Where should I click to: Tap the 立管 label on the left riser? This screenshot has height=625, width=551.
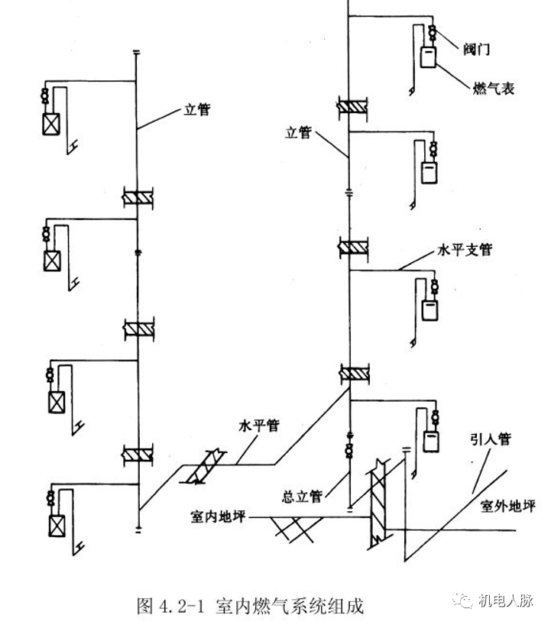click(x=197, y=110)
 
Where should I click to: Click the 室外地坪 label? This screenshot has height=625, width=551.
click(x=508, y=505)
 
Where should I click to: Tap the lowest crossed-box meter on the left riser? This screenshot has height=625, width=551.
click(x=57, y=526)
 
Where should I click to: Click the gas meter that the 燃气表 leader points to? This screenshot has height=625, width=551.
click(x=429, y=57)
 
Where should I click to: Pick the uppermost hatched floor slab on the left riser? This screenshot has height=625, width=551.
click(x=138, y=196)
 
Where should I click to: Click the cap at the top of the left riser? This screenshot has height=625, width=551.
click(x=137, y=53)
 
